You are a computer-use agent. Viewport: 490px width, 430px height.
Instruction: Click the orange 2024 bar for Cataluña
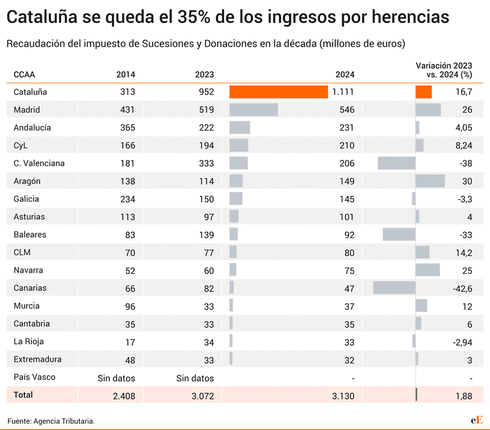(279, 92)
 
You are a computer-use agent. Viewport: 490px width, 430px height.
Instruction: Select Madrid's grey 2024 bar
(253, 110)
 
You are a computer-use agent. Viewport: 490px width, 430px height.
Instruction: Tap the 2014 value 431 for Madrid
(127, 110)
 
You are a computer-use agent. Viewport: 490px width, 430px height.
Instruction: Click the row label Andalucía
(32, 127)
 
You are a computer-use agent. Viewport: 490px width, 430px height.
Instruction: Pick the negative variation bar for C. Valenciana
(396, 163)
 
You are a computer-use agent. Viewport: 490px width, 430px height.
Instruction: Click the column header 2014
(125, 74)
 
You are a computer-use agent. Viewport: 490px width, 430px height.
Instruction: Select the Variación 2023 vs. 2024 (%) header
(444, 69)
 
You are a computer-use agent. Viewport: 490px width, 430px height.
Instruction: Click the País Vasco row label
(34, 377)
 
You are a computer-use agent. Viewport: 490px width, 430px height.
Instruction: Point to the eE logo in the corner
(476, 420)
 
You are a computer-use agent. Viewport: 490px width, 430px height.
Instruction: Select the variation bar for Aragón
(430, 181)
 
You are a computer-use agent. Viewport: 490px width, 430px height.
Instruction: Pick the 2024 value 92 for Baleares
(346, 234)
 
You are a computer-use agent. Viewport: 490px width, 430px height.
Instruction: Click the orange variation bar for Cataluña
(423, 92)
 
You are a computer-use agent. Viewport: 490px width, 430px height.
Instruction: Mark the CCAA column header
(25, 74)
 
